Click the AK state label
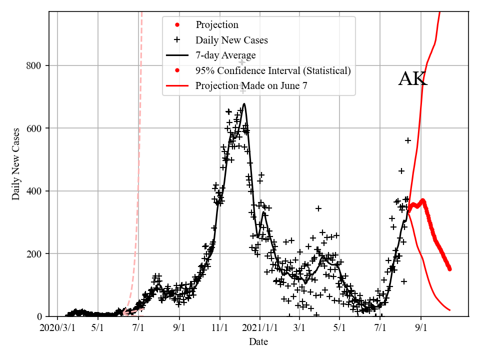pyautogui.click(x=412, y=79)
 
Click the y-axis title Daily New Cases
pyautogui.click(x=16, y=164)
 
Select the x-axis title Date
pyautogui.click(x=258, y=342)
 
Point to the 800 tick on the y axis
pyautogui.click(x=34, y=65)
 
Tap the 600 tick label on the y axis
pyautogui.click(x=34, y=128)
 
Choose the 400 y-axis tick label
pyautogui.click(x=34, y=191)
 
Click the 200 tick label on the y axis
pyautogui.click(x=34, y=253)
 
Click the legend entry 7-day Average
pyautogui.click(x=225, y=55)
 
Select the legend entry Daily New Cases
pyautogui.click(x=231, y=40)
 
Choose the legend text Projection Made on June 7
pyautogui.click(x=251, y=86)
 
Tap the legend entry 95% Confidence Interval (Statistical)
pyautogui.click(x=273, y=71)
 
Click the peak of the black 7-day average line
pyautogui.click(x=244, y=104)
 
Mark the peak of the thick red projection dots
pyautogui.click(x=423, y=200)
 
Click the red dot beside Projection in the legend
pyautogui.click(x=177, y=24)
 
